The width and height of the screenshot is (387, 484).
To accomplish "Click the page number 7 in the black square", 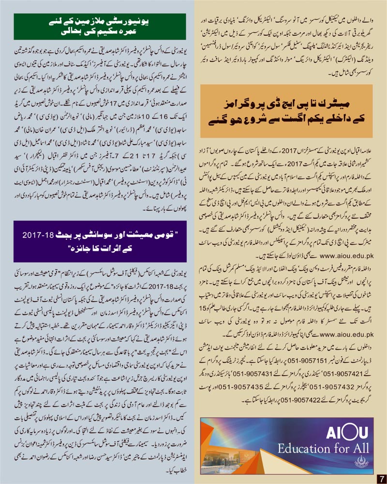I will point(381,478).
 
